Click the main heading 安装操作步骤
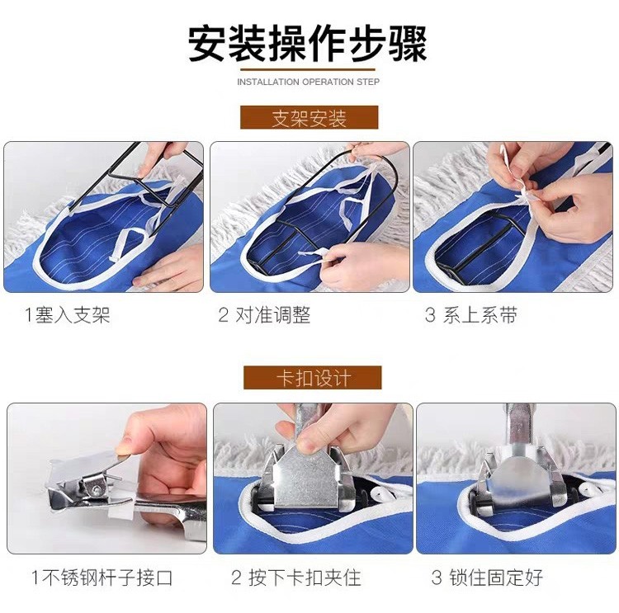point(307,44)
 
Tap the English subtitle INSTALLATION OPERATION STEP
point(308,83)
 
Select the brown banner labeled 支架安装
point(309,117)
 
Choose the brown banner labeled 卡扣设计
point(312,378)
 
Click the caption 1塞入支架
point(67,315)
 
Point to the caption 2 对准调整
point(264,315)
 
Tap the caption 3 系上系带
point(471,315)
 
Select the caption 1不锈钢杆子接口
point(102,578)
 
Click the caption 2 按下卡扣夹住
point(296,578)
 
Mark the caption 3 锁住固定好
point(487,578)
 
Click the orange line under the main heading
point(308,70)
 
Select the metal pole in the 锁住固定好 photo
point(517,427)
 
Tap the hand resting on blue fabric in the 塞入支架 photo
point(170,268)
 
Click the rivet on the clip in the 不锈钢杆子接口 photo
point(97,490)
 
